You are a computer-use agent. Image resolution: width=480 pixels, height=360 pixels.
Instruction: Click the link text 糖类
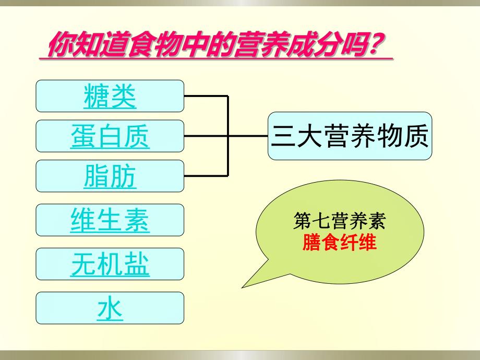coord(110,96)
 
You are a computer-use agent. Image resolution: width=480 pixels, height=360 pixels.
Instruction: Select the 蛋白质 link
coord(110,136)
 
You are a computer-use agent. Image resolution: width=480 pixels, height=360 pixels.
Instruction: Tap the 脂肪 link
coord(110,176)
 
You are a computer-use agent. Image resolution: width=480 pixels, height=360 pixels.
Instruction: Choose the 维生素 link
coord(110,220)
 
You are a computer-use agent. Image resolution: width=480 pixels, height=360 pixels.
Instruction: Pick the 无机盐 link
coord(110,264)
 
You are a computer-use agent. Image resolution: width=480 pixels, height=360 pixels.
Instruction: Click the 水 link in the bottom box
coord(110,308)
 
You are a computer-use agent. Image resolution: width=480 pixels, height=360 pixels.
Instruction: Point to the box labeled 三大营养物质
coord(350,136)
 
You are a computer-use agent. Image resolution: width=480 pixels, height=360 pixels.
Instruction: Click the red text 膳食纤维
coord(339,243)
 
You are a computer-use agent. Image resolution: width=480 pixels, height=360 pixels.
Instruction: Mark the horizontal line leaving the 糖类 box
coord(206,96)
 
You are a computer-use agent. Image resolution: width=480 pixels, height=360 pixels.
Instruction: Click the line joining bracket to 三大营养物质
coord(248,136)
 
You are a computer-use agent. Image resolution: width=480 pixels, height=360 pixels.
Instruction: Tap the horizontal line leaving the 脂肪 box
coord(206,176)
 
